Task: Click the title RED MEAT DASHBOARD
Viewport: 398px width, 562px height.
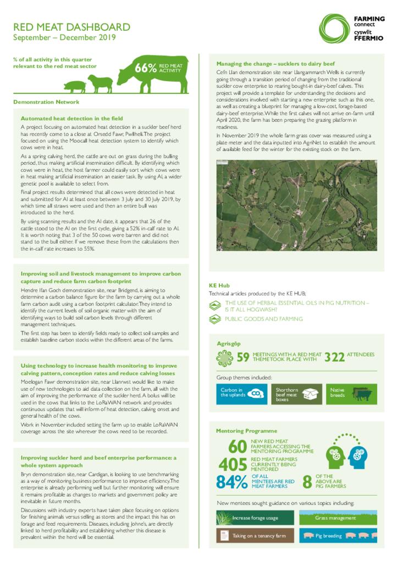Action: click(71, 27)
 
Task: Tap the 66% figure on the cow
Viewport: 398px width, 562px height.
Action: click(146, 68)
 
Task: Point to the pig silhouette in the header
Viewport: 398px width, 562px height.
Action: click(75, 86)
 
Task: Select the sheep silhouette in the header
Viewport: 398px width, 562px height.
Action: click(100, 83)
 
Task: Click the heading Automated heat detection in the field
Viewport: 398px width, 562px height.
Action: click(71, 119)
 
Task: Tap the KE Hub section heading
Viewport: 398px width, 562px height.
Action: click(219, 285)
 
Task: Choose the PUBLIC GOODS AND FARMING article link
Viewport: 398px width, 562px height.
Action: click(263, 319)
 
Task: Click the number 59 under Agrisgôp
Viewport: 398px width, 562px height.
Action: click(242, 357)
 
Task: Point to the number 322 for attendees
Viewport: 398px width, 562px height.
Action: click(334, 357)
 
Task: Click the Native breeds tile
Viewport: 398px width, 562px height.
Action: click(351, 392)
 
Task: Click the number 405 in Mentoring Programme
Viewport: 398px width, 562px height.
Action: click(233, 464)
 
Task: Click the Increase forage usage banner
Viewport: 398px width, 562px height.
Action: click(255, 518)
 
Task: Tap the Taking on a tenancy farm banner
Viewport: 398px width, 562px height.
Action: click(255, 535)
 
